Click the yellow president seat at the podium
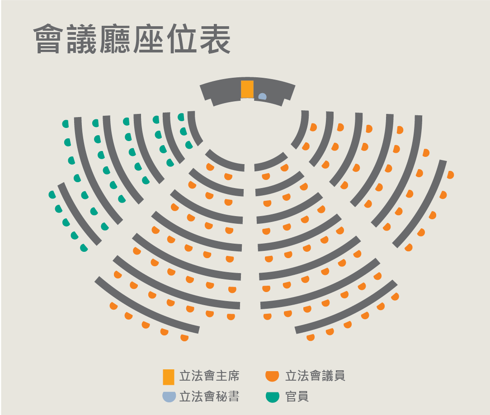coord(247,89)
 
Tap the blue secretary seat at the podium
coord(262,97)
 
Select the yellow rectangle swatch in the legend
coord(169,377)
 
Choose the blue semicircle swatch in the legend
coord(169,396)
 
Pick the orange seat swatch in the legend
coord(272,376)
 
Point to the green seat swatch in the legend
coord(272,397)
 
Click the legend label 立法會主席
coord(209,376)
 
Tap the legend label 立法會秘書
coord(209,397)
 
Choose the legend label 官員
coord(297,397)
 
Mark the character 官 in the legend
coord(291,397)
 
